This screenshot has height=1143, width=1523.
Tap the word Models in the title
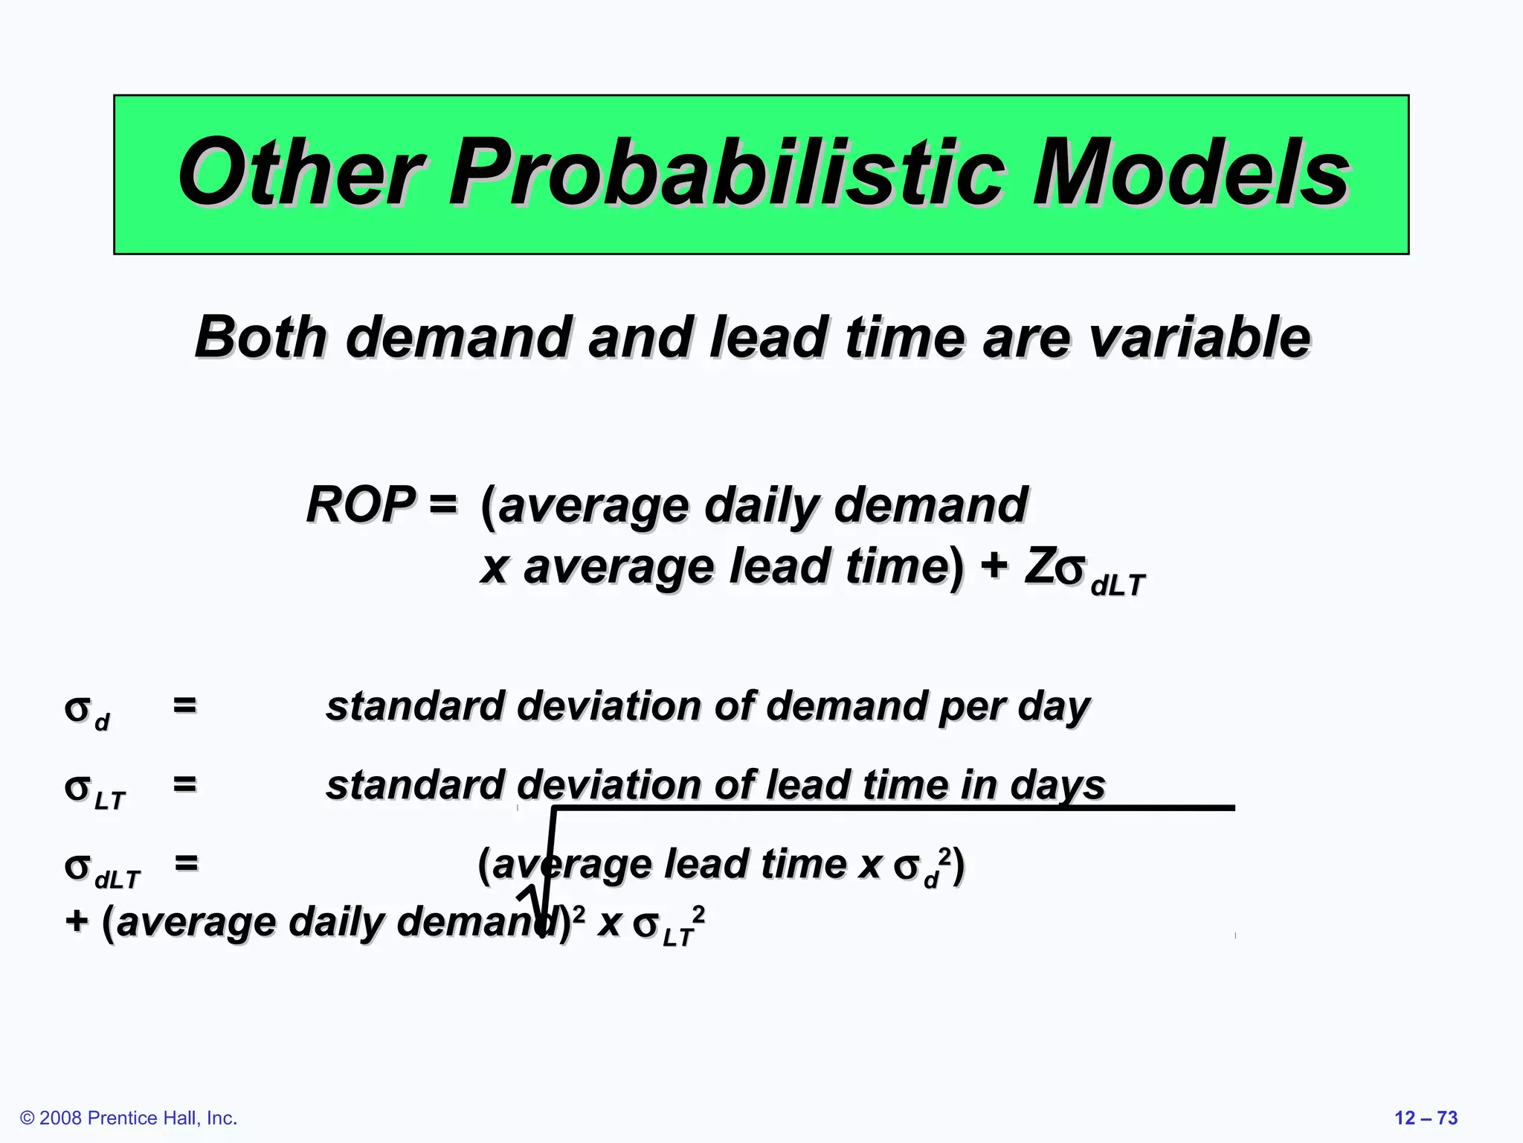pyautogui.click(x=1190, y=173)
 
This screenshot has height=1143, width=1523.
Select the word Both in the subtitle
pyautogui.click(x=260, y=337)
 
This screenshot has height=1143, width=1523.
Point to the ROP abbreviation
pyautogui.click(x=361, y=505)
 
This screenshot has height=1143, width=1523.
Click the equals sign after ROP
pyautogui.click(x=443, y=505)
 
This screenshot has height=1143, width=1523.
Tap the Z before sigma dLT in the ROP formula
pyautogui.click(x=1039, y=567)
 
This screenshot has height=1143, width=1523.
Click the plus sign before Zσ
pyautogui.click(x=994, y=567)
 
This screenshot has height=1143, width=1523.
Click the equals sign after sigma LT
pyautogui.click(x=185, y=784)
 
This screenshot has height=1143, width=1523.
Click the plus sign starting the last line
pyautogui.click(x=77, y=921)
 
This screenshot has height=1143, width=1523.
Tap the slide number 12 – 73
pyautogui.click(x=1426, y=1118)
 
